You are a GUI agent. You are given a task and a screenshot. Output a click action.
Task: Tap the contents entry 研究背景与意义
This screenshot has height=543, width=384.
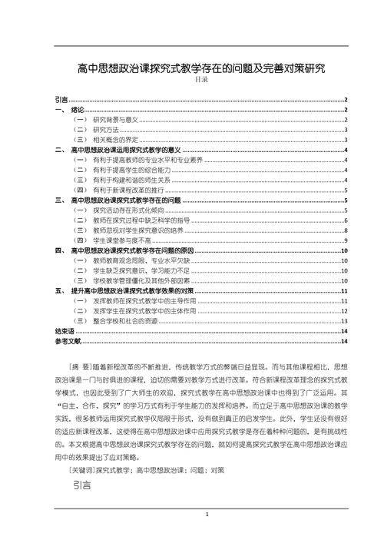click(x=115, y=120)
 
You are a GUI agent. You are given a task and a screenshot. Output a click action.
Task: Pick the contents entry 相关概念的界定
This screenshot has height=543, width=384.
click(x=115, y=140)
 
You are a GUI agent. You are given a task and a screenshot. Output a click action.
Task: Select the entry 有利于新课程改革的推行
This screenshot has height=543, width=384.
click(x=125, y=190)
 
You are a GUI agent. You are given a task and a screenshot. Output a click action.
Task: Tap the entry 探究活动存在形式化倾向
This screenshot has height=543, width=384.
click(x=125, y=210)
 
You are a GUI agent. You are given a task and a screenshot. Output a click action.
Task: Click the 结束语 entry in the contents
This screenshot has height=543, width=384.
click(x=65, y=331)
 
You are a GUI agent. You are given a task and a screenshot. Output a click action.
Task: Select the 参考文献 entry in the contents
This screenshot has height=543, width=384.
click(x=68, y=341)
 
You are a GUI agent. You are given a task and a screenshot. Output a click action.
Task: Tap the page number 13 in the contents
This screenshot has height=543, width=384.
click(x=346, y=321)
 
